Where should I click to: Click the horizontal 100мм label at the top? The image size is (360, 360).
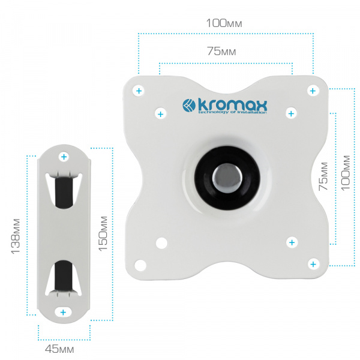224,23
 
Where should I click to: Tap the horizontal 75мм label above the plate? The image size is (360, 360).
221,51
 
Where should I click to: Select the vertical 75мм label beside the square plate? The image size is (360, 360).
323,176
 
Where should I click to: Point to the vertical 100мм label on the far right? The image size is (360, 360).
346,173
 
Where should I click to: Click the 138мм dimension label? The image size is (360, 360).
16,236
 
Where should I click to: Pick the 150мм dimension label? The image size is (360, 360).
103,233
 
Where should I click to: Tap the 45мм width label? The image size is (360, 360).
59,349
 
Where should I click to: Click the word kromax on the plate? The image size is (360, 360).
232,106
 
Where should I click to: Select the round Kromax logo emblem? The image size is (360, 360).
189,106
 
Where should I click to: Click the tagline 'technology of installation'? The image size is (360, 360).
232,112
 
